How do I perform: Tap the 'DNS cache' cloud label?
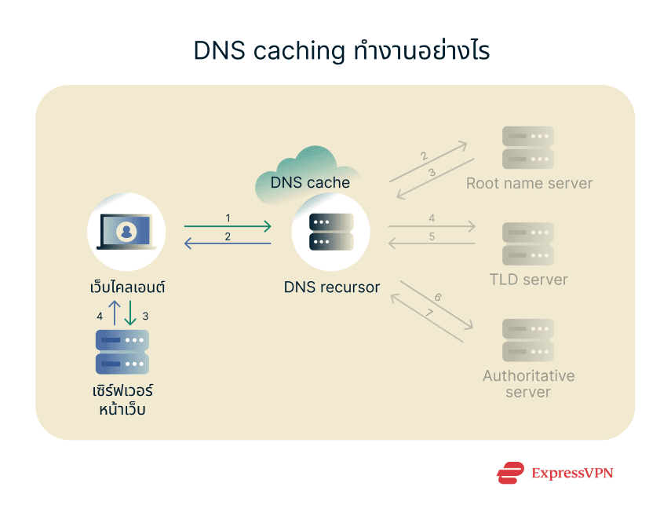tap(309, 182)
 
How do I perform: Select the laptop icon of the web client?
tap(126, 233)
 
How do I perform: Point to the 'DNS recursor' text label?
tap(331, 287)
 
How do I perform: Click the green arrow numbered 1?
tap(228, 227)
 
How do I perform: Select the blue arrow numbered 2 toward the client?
tap(228, 243)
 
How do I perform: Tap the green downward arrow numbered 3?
tap(130, 314)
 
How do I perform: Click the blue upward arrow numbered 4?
tap(114, 314)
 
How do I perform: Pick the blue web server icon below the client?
tap(122, 352)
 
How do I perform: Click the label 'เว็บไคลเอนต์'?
tap(127, 287)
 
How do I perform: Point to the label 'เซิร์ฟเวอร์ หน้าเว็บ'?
tap(122, 399)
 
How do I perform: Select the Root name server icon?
tap(527, 148)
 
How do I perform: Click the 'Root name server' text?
tap(529, 184)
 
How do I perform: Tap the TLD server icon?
tap(527, 244)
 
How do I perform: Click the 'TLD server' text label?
tap(528, 280)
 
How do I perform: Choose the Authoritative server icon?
tap(527, 340)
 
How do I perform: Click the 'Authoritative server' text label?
tap(528, 384)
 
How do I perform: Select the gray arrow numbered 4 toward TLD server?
tap(432, 227)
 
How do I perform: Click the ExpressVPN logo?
tap(555, 473)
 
